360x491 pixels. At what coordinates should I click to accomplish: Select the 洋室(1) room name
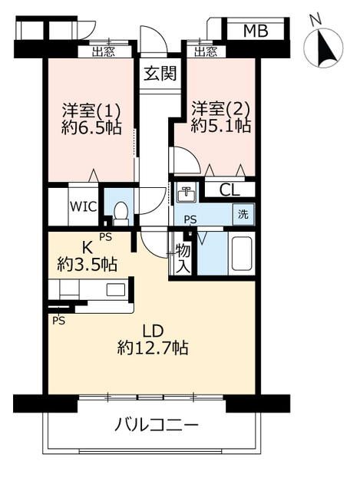tap(91, 109)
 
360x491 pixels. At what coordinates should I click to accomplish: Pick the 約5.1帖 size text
tap(221, 127)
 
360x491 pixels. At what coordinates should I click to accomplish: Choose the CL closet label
tap(228, 189)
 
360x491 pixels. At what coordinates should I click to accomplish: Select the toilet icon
tap(120, 209)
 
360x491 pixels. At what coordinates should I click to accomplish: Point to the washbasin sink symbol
tap(184, 193)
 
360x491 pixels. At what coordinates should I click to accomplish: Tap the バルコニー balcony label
tap(157, 424)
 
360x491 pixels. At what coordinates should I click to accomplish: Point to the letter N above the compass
tap(315, 18)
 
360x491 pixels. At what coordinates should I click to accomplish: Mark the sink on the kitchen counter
tap(115, 290)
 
